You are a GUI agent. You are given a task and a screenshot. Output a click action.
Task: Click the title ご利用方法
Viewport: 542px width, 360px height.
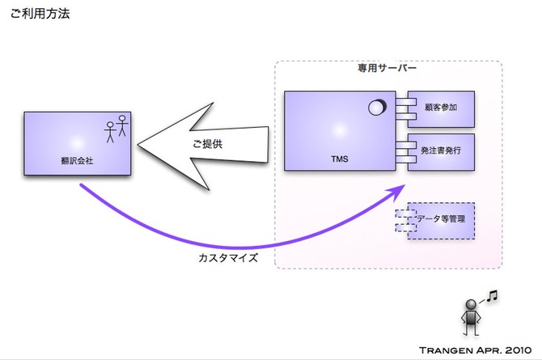tap(40, 14)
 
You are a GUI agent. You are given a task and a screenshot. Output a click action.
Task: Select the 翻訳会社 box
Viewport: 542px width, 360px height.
tap(78, 144)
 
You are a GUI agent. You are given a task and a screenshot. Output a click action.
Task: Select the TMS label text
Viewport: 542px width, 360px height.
tap(340, 159)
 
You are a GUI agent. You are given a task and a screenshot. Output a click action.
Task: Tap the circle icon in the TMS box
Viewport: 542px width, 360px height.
tap(377, 105)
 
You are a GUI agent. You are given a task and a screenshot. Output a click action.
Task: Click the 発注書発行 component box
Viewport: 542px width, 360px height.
tap(441, 150)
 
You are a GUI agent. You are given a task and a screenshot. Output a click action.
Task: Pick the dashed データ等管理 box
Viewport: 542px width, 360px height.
tap(440, 219)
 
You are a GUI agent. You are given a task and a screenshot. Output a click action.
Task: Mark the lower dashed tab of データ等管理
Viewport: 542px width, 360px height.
tap(402, 227)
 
